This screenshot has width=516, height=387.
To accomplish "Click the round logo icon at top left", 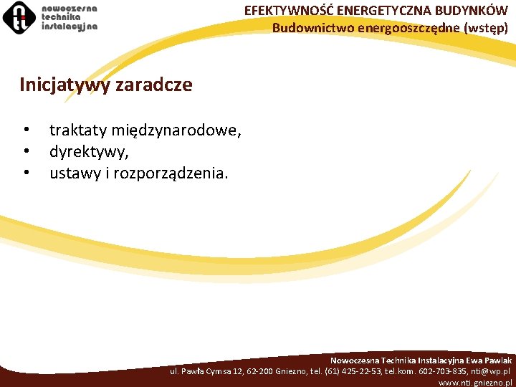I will coord(19,18).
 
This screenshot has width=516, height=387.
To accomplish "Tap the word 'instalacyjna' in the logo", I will coord(70,25).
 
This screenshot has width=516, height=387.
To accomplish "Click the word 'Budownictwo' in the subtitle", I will coord(307,29).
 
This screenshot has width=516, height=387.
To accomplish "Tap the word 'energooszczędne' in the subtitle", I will coord(403,29).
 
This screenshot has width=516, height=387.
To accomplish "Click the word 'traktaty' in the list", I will coord(78,130).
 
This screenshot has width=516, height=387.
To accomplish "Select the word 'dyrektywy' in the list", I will coord(87,152).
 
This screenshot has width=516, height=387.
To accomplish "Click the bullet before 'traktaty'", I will coord(26,130).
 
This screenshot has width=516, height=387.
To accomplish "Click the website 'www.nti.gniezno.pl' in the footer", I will coord(474,383).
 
